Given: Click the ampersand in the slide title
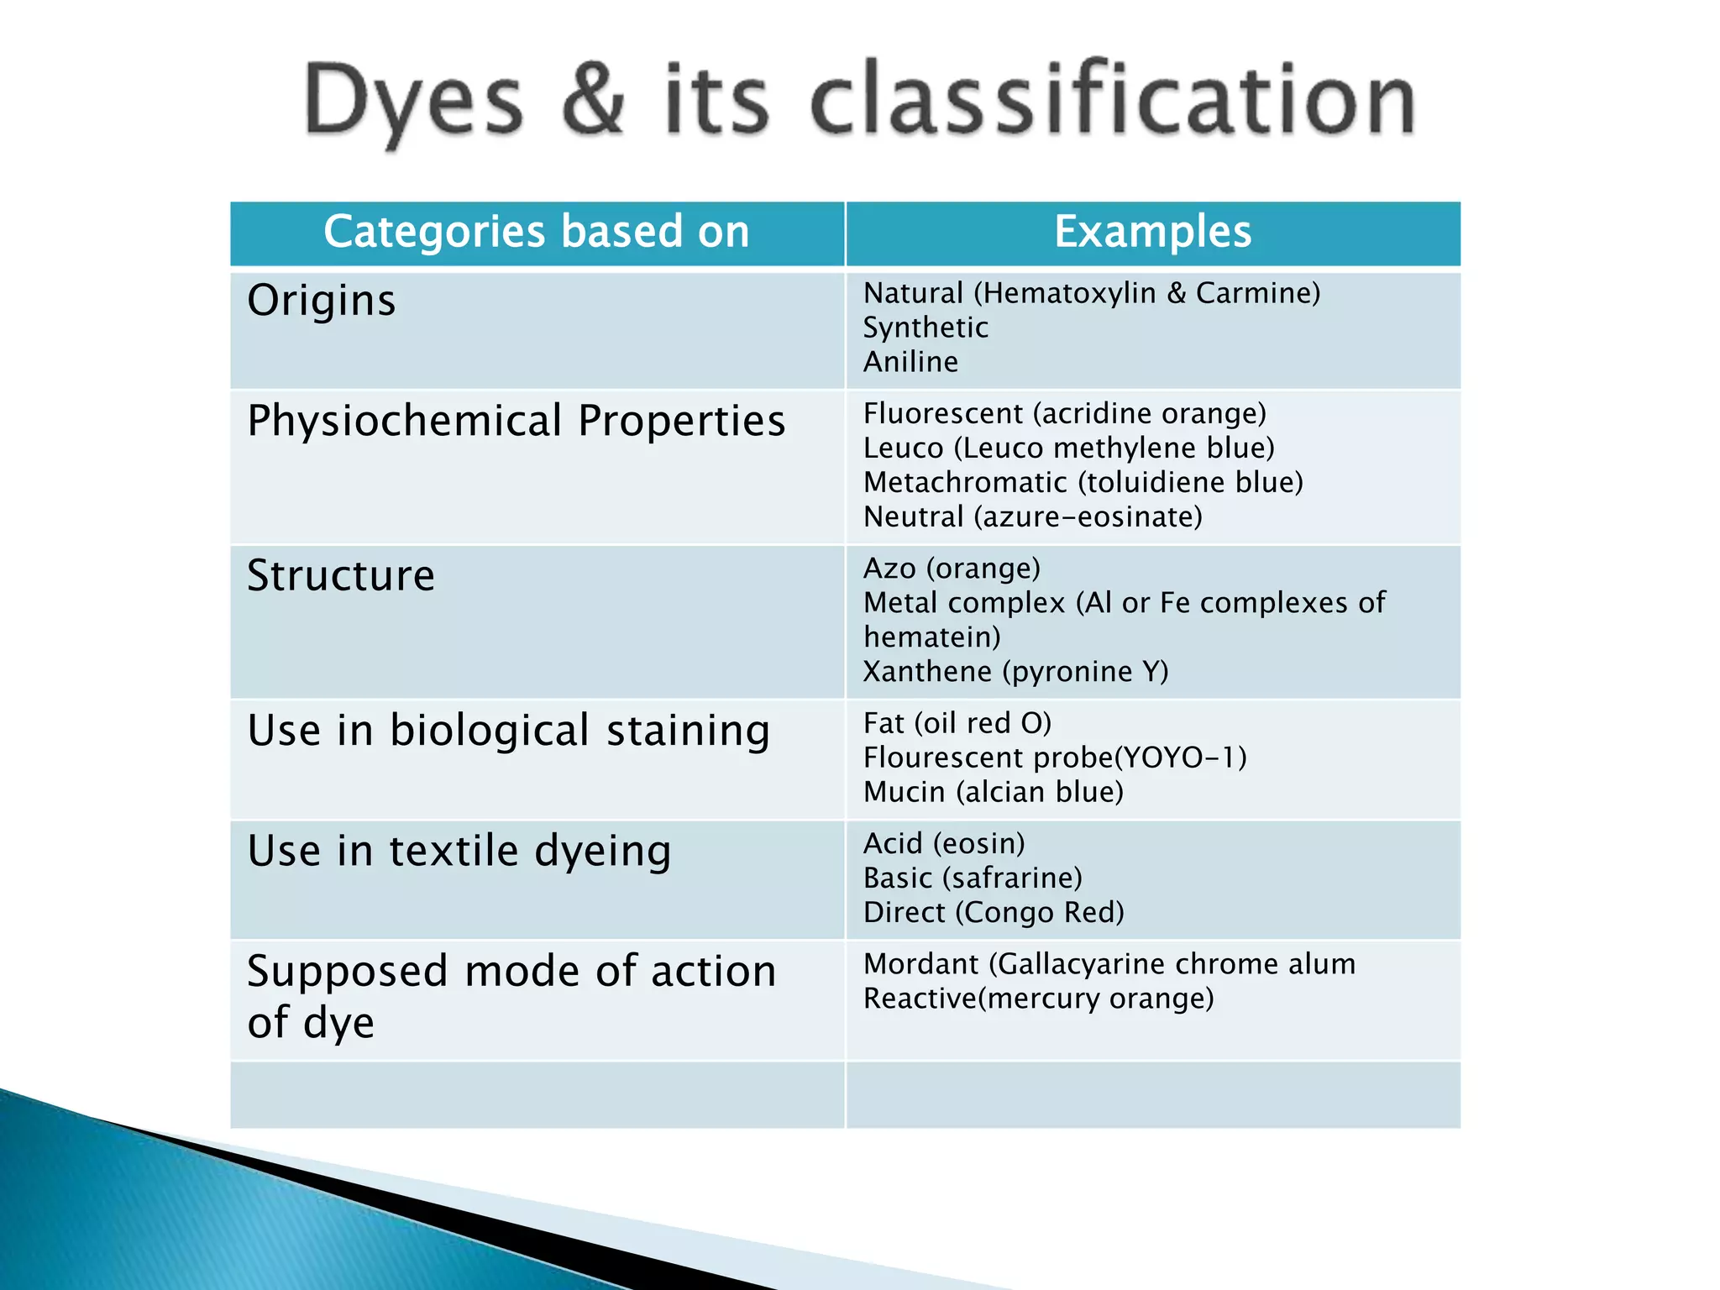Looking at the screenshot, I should pos(593,101).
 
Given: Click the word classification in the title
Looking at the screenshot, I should pos(1113,101).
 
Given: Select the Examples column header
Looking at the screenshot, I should pos(1152,232).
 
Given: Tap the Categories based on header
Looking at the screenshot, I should pos(537,232).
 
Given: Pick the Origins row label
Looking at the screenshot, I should pos(321,301).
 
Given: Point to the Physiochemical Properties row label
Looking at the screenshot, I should pos(516,421).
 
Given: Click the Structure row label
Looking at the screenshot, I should pos(341,576).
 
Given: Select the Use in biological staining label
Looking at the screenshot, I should pos(508,731).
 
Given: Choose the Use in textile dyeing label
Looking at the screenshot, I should pos(459,851).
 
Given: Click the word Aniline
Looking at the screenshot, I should pos(910,362).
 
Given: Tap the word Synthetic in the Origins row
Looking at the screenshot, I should pos(926,328).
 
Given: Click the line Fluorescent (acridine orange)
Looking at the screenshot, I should pos(1064,414).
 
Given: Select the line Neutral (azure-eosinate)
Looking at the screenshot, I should pos(1032,517).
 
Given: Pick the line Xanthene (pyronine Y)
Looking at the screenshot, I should pos(1015,672).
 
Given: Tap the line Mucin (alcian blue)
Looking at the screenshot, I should pos(993,792).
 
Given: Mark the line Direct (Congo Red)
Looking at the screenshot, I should pos(993,913).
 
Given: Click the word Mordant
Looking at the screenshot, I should pos(920,964).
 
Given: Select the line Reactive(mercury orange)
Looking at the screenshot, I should pos(1038,999).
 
